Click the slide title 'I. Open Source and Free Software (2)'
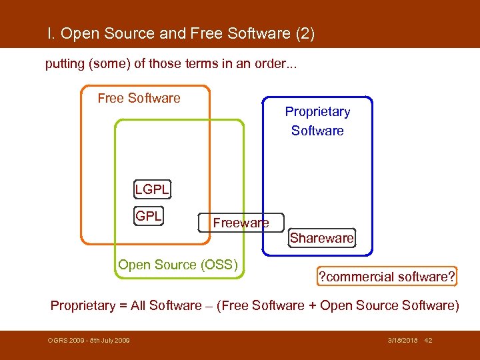click(x=181, y=33)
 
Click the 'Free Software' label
click(x=139, y=98)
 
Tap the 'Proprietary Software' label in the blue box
click(x=317, y=121)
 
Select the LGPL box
click(x=152, y=189)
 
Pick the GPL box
click(x=149, y=216)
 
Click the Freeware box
click(x=241, y=223)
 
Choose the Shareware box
click(x=322, y=238)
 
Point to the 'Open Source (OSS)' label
click(x=178, y=265)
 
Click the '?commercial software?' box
click(x=386, y=277)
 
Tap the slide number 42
click(x=428, y=341)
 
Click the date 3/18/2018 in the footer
click(x=403, y=341)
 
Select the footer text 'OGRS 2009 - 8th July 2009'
click(x=89, y=341)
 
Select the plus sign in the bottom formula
click(x=311, y=305)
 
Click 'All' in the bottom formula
click(x=139, y=305)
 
